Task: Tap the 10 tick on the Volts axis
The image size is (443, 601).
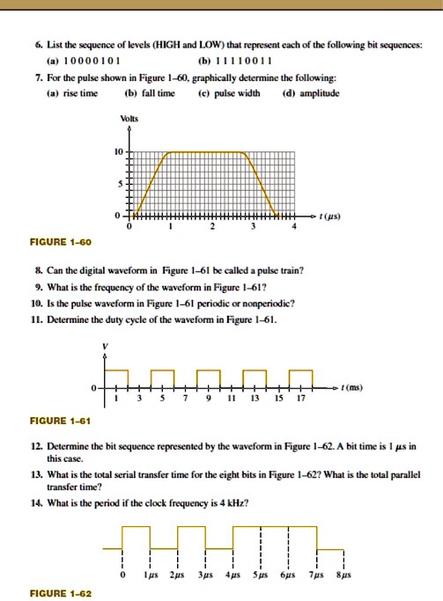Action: pyautogui.click(x=116, y=152)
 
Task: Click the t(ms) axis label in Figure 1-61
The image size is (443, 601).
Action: pyautogui.click(x=356, y=386)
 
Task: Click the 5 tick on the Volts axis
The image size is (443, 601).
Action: pyautogui.click(x=119, y=184)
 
